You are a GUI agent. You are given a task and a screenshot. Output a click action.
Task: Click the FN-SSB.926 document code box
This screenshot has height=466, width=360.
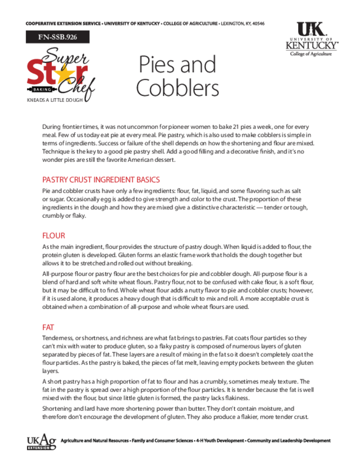coord(57,37)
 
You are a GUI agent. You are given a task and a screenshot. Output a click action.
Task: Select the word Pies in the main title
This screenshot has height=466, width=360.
coord(157,65)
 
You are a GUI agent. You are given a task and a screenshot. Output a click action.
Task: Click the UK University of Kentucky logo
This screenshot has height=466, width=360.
coord(312,39)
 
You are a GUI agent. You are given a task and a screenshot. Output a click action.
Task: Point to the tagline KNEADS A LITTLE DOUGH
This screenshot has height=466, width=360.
coord(55,100)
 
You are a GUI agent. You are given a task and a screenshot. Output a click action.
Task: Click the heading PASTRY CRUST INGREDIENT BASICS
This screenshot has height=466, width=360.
coord(101,180)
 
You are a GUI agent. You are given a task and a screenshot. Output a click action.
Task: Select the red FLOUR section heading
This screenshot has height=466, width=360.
coord(54,236)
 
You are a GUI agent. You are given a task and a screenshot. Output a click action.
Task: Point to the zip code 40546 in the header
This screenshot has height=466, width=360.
coord(258,24)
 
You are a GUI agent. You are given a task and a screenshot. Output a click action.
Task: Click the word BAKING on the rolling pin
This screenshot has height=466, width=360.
coord(42,89)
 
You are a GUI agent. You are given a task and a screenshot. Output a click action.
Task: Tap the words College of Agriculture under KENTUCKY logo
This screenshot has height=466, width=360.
coord(311,54)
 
